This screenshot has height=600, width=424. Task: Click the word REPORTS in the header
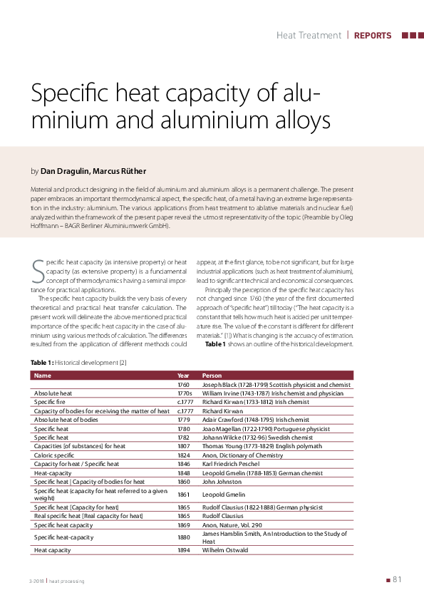pos(373,35)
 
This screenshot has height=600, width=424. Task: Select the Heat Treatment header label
pos(309,35)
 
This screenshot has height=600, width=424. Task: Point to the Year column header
pos(183,375)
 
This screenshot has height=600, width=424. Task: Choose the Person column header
pos(212,375)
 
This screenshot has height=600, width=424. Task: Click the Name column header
pos(42,375)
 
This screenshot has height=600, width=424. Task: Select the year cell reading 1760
pos(184,385)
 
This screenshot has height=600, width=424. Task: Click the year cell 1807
pos(184,446)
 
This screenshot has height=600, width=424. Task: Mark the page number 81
pos(398,579)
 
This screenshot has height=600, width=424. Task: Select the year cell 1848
pos(184,472)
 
